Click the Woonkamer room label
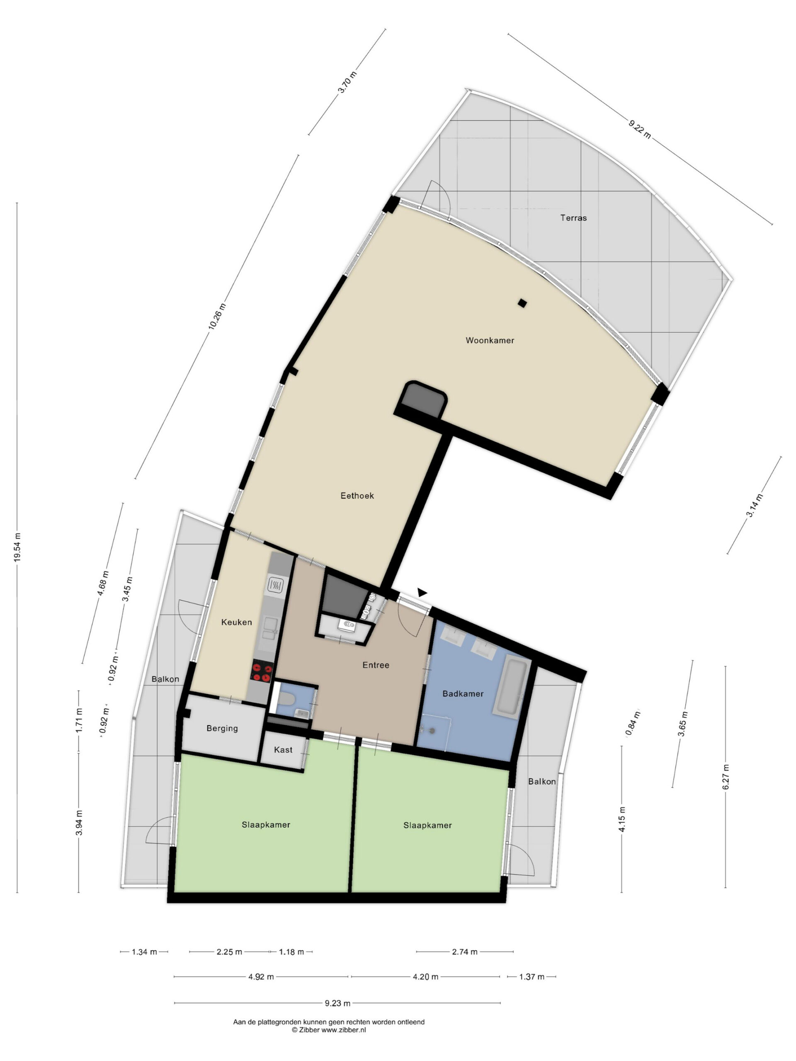point(489,341)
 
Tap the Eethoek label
point(357,496)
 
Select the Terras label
point(573,218)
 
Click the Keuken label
point(237,622)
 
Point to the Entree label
point(376,665)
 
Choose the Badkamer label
point(463,693)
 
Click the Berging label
point(222,729)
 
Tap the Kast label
point(283,750)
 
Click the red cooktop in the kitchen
point(262,671)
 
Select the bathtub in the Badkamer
point(512,686)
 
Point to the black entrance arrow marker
point(422,593)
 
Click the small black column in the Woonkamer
point(522,303)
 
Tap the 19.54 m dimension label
point(17,547)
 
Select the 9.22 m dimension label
point(640,129)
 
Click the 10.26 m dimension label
point(216,317)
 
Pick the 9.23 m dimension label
point(338,1003)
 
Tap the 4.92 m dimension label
point(261,976)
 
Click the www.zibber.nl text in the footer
point(344,1030)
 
